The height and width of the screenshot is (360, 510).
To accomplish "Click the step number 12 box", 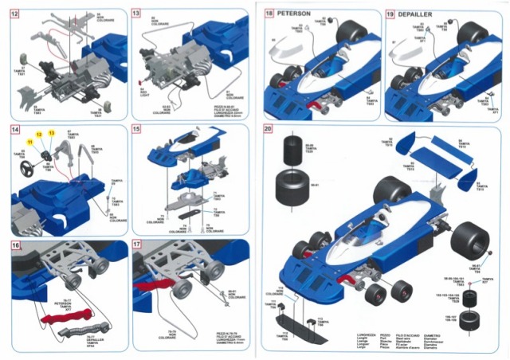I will [x=16, y=14].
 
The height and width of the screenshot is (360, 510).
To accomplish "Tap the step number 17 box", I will [x=136, y=246].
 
